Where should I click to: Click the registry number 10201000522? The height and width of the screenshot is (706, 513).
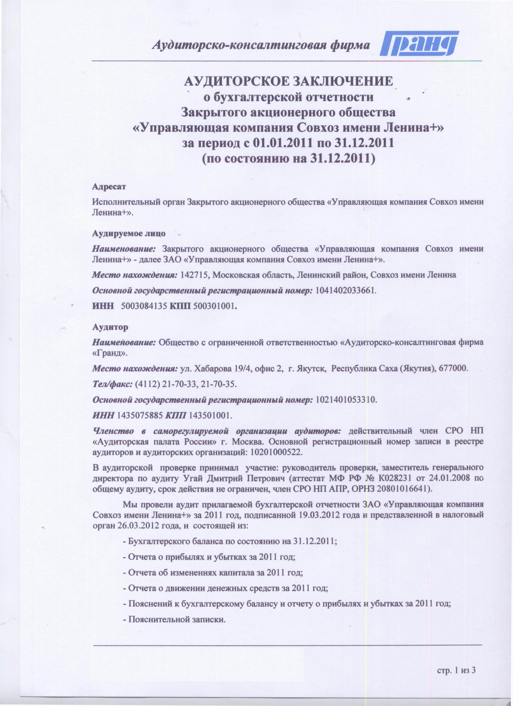click(276, 452)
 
